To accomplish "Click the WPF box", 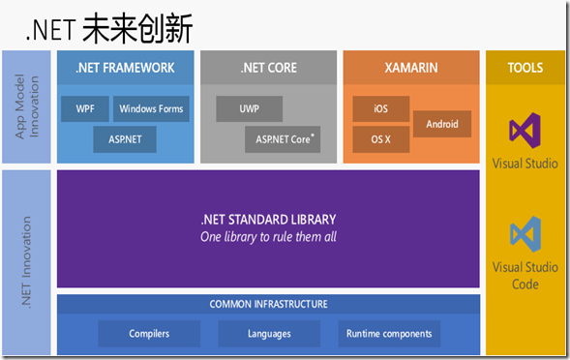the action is tap(85, 108).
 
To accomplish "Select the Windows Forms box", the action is tap(152, 108).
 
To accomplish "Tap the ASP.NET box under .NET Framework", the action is tap(124, 139).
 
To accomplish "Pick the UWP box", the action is tap(250, 108).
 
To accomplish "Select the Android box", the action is tap(442, 124).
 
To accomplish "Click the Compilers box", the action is tap(149, 334).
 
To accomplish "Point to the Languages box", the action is tap(269, 334).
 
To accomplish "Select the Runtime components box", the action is tap(389, 334).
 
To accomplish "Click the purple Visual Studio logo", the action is tap(525, 129).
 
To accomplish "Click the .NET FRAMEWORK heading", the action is tap(125, 68).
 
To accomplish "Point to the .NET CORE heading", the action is tap(268, 68).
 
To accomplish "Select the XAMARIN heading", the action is tap(411, 68).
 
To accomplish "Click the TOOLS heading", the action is tap(525, 68).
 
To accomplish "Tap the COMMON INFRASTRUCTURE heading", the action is tap(268, 304).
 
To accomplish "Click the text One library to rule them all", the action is tap(268, 237).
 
